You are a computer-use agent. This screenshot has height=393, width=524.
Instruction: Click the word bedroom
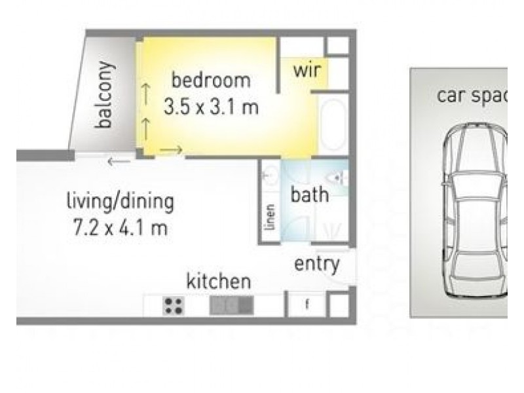tap(211, 80)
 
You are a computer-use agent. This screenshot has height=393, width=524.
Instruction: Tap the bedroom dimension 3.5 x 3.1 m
tap(211, 107)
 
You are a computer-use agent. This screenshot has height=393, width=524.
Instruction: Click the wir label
tap(307, 70)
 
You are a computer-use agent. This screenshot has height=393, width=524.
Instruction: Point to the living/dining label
tap(121, 202)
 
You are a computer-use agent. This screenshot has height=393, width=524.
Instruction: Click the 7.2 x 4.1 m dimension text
tap(121, 228)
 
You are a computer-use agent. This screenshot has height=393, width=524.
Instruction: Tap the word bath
tap(310, 195)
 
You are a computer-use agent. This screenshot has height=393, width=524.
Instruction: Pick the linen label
tap(270, 217)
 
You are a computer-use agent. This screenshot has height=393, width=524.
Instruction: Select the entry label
tap(317, 264)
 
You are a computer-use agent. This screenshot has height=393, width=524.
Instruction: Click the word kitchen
tap(219, 281)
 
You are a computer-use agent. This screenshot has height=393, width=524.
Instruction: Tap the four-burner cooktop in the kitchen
tap(174, 306)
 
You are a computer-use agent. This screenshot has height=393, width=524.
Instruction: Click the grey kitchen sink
tap(231, 306)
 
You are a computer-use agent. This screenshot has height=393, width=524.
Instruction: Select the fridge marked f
tap(307, 305)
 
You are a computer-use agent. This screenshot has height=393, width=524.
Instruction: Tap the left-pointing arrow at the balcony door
tap(119, 162)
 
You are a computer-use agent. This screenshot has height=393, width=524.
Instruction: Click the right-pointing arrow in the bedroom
tap(171, 150)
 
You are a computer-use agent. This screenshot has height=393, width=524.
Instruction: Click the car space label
tap(472, 96)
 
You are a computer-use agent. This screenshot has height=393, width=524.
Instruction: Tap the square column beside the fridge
tap(339, 305)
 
